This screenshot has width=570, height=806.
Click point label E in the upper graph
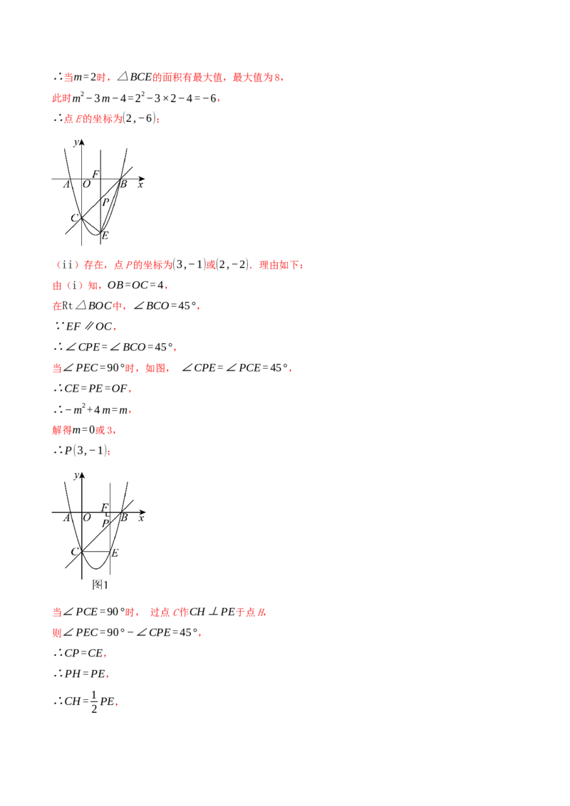pos(105,236)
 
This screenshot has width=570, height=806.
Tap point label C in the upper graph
pos(74,218)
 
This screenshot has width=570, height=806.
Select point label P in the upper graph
pos(105,202)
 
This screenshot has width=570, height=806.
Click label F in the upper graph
pos(95,174)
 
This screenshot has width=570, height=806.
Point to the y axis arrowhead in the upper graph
pos(81,142)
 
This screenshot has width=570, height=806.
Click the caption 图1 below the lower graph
pos(100,585)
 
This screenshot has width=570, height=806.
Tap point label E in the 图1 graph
pos(115,553)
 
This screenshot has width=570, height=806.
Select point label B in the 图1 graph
pos(124,518)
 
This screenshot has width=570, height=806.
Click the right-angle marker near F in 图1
pos(108,513)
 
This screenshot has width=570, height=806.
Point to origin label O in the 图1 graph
pos(87,518)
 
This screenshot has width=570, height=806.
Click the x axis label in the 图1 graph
pos(142,518)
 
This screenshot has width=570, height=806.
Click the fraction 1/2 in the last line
pos(94,701)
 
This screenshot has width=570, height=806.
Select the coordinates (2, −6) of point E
pos(139,118)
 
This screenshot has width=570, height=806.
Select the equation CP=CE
pos(84,654)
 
